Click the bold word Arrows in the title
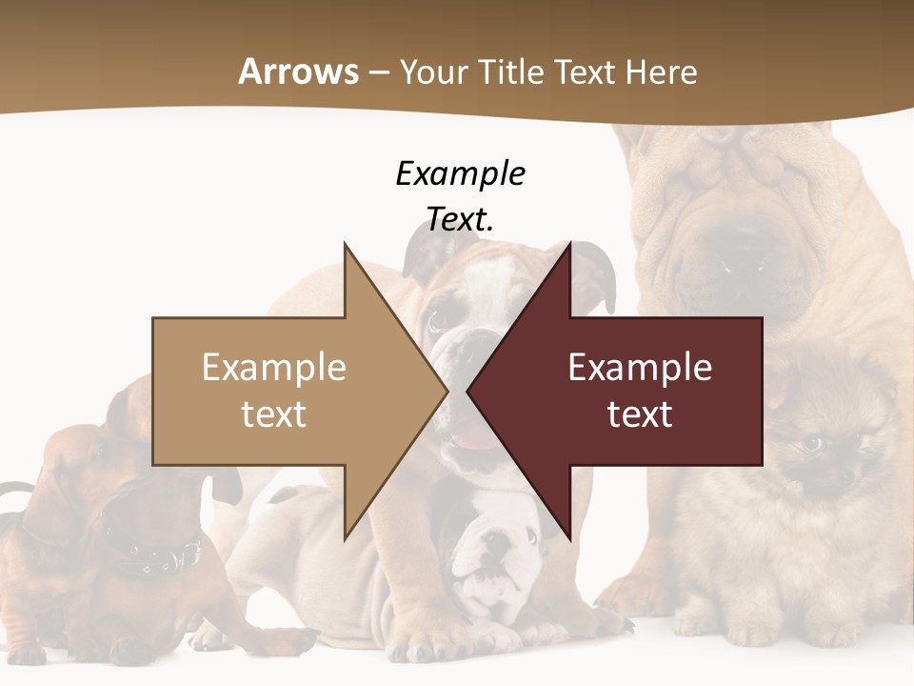(x=298, y=71)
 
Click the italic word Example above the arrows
(x=460, y=173)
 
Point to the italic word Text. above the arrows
(x=460, y=219)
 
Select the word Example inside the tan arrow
(x=274, y=367)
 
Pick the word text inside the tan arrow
(x=274, y=414)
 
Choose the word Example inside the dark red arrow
(x=640, y=367)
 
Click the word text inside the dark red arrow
(x=640, y=414)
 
